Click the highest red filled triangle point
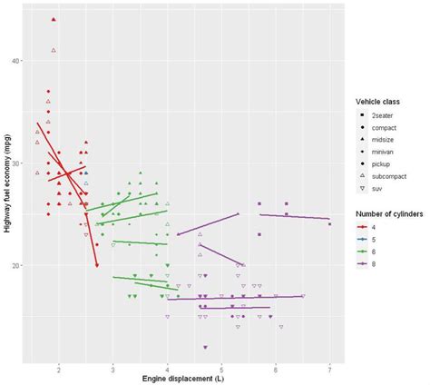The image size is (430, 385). pos(54,19)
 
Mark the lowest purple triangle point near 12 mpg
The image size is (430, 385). pos(205,348)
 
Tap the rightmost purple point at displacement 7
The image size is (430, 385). pos(329,224)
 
